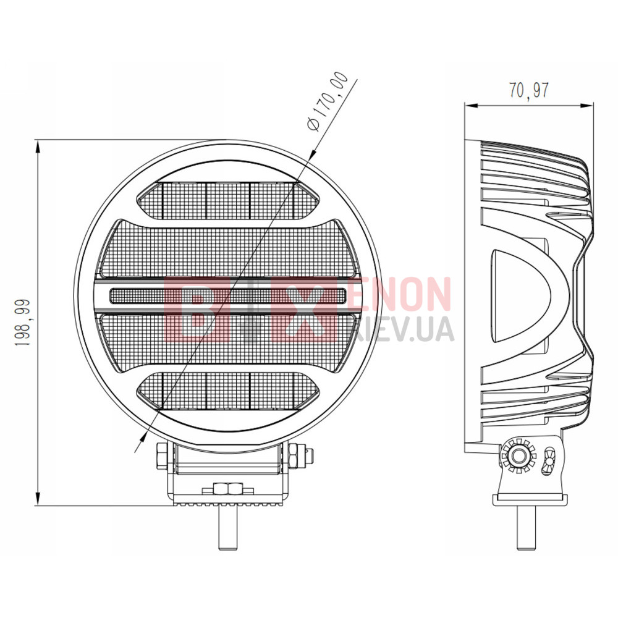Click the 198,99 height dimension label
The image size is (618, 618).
coord(22,323)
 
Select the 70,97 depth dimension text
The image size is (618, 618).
coord(528,90)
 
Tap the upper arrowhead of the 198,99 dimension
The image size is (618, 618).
coord(38,148)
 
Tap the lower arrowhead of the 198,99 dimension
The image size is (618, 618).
coord(38,498)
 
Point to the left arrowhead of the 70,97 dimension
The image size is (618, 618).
coord(472,105)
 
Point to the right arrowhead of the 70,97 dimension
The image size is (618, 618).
coord(586,105)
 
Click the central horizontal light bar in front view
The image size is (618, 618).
coord(228,295)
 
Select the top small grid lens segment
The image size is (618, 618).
coord(228,201)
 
